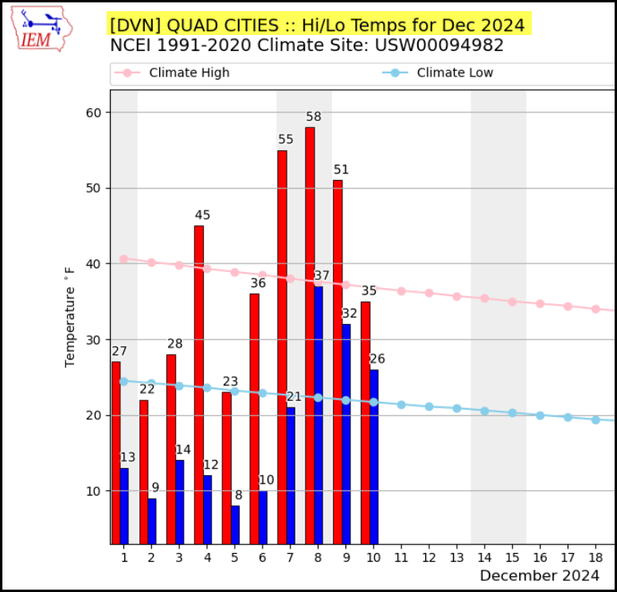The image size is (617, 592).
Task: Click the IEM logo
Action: click(x=41, y=29)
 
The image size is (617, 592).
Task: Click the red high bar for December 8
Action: click(x=310, y=336)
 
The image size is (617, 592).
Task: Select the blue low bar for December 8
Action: click(x=318, y=415)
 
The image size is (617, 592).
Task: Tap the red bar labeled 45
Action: click(x=199, y=384)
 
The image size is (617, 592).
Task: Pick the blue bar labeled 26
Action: click(x=374, y=457)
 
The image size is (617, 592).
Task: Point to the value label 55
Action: click(x=286, y=139)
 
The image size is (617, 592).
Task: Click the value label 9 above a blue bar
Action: click(x=155, y=488)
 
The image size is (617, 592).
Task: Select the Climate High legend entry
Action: click(x=171, y=72)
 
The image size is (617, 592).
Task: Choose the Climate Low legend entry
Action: click(x=438, y=72)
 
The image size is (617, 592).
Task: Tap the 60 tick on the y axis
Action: click(x=93, y=112)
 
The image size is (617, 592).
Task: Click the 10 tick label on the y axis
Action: click(x=93, y=491)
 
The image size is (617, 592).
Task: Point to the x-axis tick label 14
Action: click(x=484, y=557)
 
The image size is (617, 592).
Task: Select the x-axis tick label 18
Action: click(x=596, y=557)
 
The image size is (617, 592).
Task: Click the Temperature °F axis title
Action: click(x=69, y=317)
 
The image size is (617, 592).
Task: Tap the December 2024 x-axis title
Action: click(x=539, y=575)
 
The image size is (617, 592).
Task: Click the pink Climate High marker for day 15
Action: click(x=513, y=302)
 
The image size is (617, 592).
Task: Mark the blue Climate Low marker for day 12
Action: click(x=429, y=407)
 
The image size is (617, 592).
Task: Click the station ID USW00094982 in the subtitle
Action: click(x=439, y=45)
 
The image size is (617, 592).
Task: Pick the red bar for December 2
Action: click(x=143, y=472)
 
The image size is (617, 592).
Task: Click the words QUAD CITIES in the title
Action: click(x=223, y=25)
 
